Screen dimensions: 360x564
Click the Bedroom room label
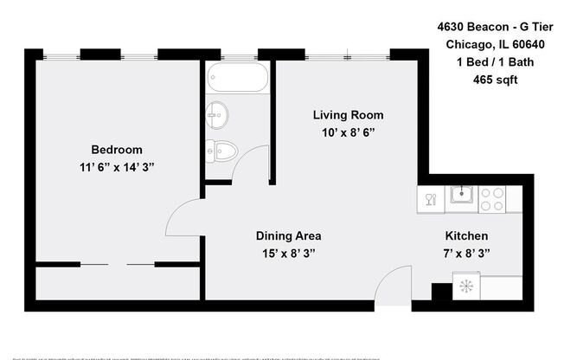[x=117, y=149]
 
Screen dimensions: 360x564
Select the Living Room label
[x=348, y=115]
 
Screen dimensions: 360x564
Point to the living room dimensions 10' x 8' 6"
[x=348, y=132]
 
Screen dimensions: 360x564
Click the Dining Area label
[x=288, y=235]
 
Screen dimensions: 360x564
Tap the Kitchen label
[x=466, y=235]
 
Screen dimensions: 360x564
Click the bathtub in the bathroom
[x=238, y=77]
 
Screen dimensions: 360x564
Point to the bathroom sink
[x=217, y=113]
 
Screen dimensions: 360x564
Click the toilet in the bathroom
[x=221, y=151]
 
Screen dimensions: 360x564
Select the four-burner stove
[x=492, y=199]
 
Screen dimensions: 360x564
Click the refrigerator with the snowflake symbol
[x=467, y=286]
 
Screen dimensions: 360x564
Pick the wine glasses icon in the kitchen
[x=430, y=201]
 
